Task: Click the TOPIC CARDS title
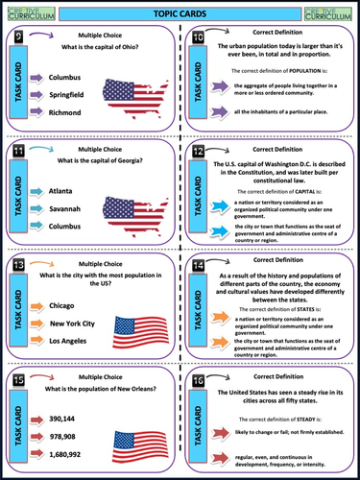pyautogui.click(x=180, y=12)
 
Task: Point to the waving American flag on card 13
pyautogui.click(x=140, y=331)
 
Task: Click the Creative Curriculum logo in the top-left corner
pyautogui.click(x=26, y=12)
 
